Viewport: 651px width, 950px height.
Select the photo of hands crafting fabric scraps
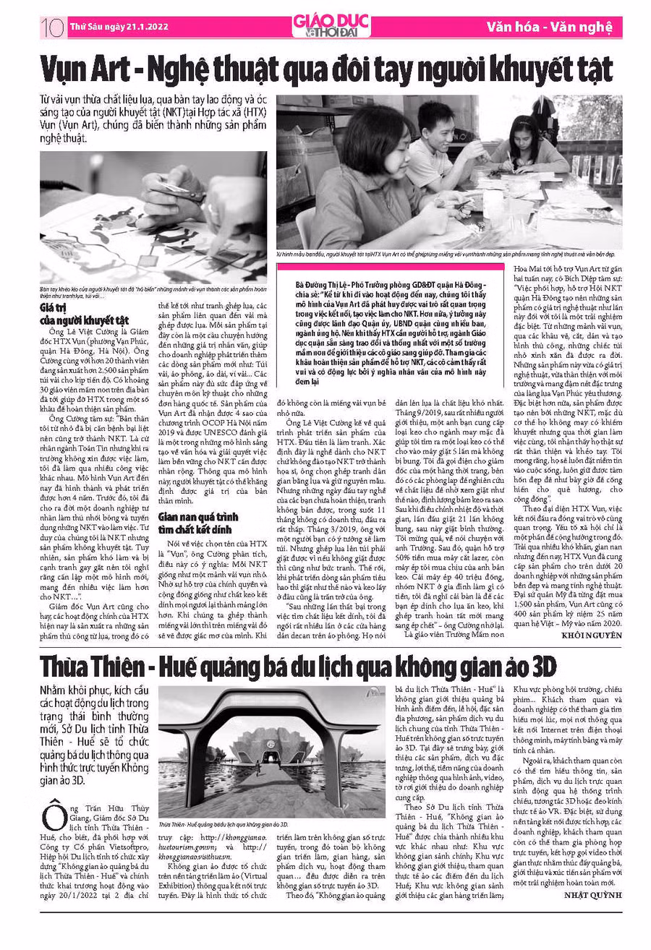pyautogui.click(x=153, y=217)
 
